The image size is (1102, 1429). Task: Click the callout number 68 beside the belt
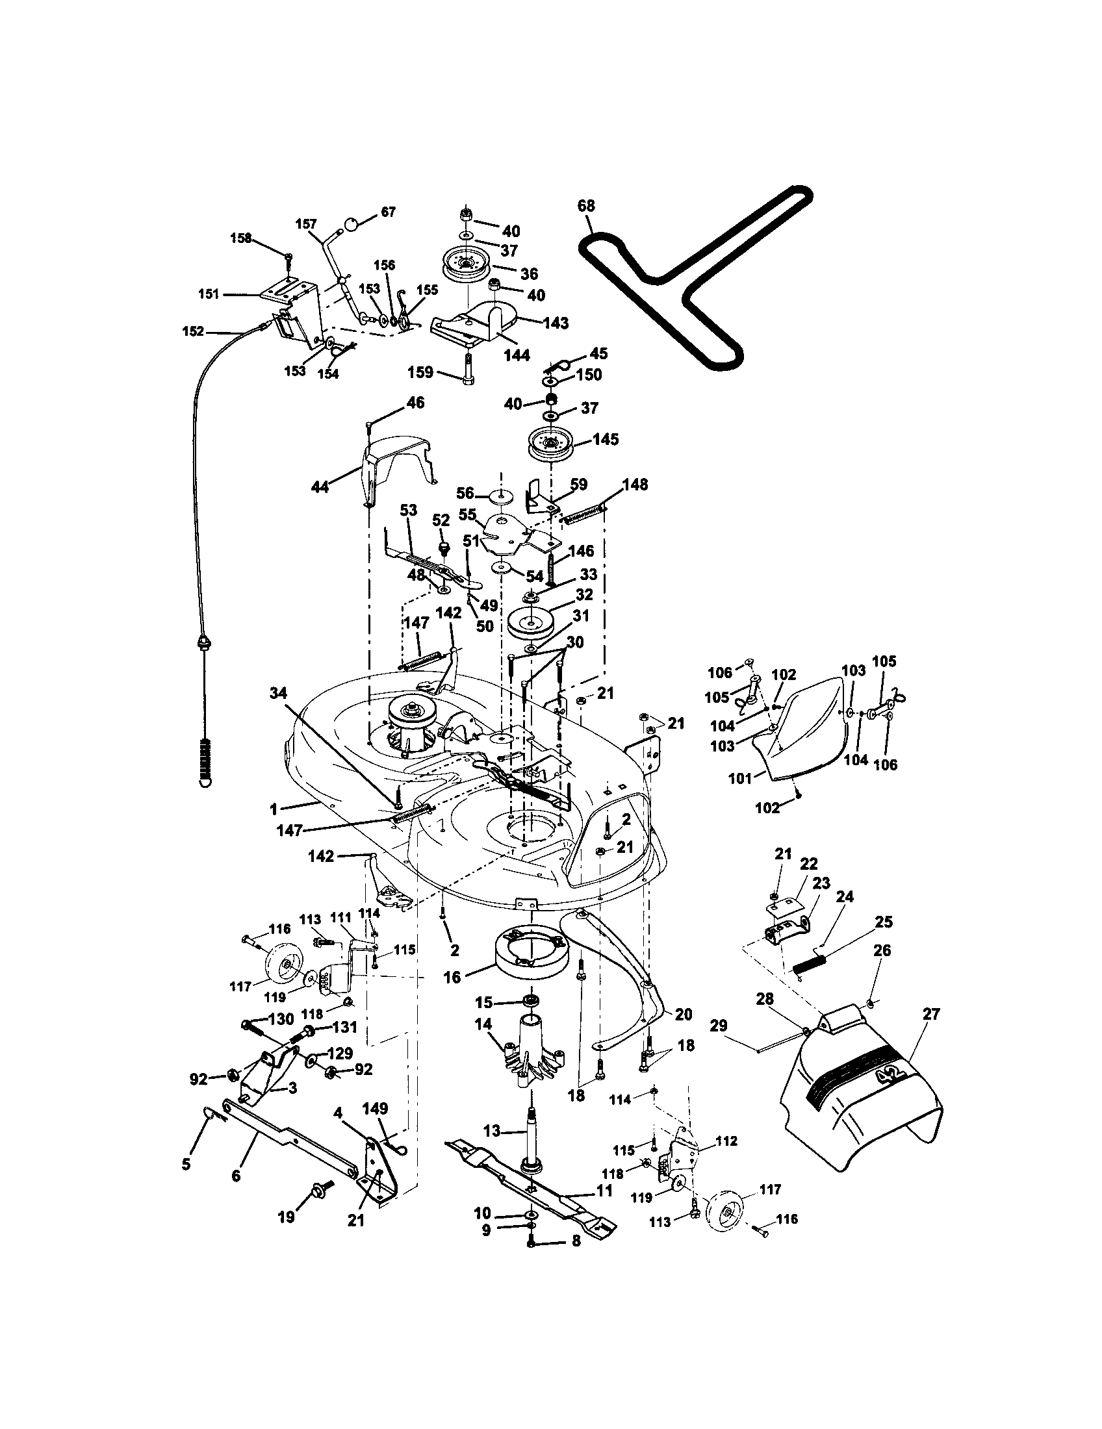tap(585, 206)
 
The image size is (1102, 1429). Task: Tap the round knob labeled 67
tap(352, 225)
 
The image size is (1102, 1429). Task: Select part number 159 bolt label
tap(420, 372)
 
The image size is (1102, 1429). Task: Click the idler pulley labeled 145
tap(549, 444)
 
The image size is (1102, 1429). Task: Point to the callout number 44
tap(319, 487)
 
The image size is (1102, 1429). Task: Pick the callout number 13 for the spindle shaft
tap(492, 1131)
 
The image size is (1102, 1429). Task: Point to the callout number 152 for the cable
tap(193, 332)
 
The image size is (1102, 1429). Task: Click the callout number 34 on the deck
tap(279, 694)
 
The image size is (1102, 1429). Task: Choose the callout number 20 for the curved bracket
tap(683, 1014)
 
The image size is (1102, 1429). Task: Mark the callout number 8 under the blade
tap(576, 1259)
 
